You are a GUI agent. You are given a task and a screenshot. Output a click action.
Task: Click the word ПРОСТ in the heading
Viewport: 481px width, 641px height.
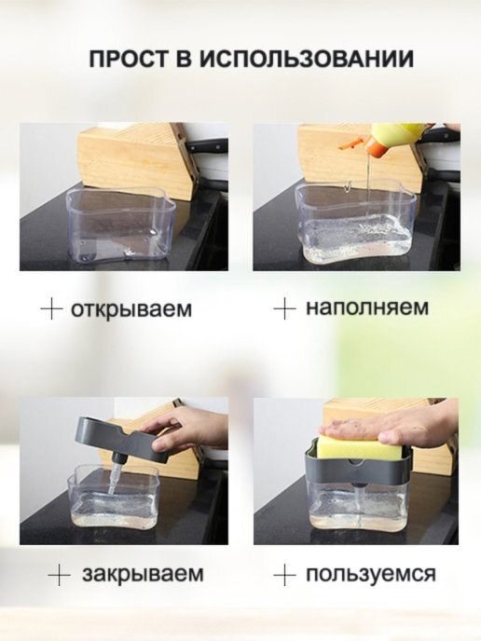coord(129,60)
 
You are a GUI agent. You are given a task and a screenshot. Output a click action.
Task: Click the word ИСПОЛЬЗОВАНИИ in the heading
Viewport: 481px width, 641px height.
coord(307,60)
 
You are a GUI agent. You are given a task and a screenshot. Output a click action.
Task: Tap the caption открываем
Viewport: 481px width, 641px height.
coord(131,309)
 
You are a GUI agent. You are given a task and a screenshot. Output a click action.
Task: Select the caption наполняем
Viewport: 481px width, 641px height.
coord(367,307)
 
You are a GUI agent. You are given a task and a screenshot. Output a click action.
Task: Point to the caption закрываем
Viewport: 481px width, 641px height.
coord(143,574)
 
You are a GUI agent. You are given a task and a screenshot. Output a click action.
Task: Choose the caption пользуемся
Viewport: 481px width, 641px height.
coord(371,574)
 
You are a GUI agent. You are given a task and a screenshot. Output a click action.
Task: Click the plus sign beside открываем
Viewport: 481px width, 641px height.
coord(52,308)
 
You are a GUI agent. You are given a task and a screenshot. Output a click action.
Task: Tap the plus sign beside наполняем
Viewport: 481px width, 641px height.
coord(284,308)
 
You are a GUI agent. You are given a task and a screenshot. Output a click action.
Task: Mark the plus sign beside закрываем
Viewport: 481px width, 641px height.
coord(59,575)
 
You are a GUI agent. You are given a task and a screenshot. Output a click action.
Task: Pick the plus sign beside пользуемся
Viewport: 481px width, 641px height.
coord(284,575)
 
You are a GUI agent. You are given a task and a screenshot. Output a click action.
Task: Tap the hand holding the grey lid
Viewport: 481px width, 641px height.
coord(184,431)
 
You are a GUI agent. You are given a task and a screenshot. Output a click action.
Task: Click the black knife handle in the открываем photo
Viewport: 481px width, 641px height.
coord(207,144)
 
